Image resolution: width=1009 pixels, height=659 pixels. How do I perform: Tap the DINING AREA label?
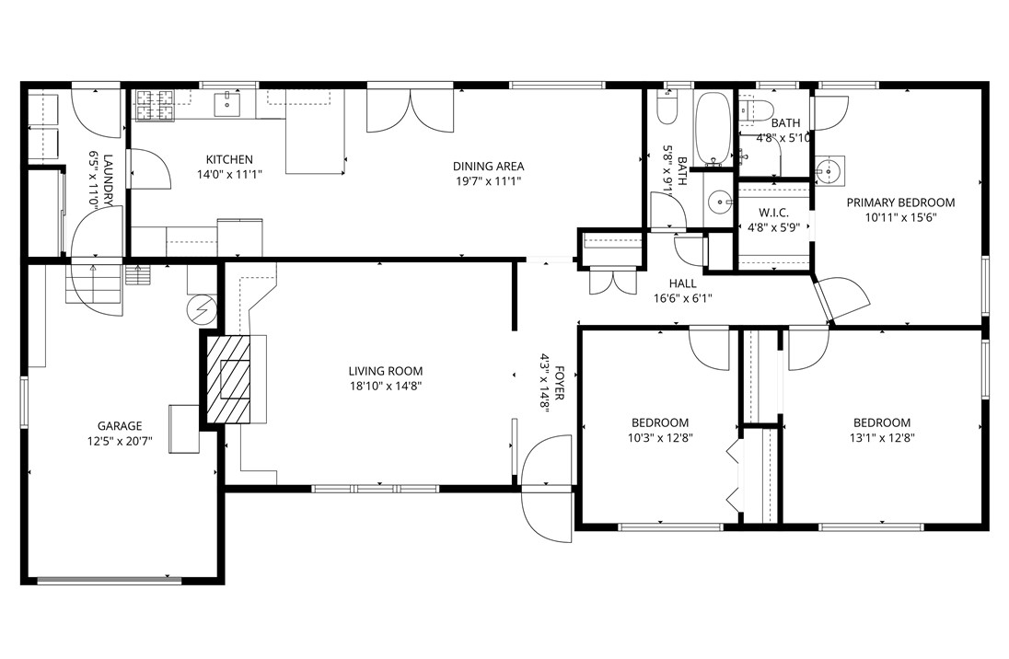click(x=488, y=167)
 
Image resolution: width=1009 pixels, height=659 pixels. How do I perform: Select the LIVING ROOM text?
click(x=385, y=372)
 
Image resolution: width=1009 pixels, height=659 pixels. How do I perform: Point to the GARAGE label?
click(x=120, y=426)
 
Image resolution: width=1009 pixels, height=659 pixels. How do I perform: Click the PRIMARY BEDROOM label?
click(x=900, y=202)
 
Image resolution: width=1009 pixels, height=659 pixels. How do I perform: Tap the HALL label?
click(x=682, y=283)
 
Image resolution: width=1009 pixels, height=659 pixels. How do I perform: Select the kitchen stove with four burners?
click(x=156, y=106)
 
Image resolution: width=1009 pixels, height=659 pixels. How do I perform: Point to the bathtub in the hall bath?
click(x=712, y=128)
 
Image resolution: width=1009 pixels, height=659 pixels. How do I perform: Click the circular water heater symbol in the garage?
click(x=200, y=309)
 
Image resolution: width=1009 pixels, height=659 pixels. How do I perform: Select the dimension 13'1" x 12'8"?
click(x=881, y=438)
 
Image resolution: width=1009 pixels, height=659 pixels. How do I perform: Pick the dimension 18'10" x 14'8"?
click(x=385, y=387)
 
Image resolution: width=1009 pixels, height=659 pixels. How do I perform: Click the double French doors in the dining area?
click(x=412, y=110)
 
